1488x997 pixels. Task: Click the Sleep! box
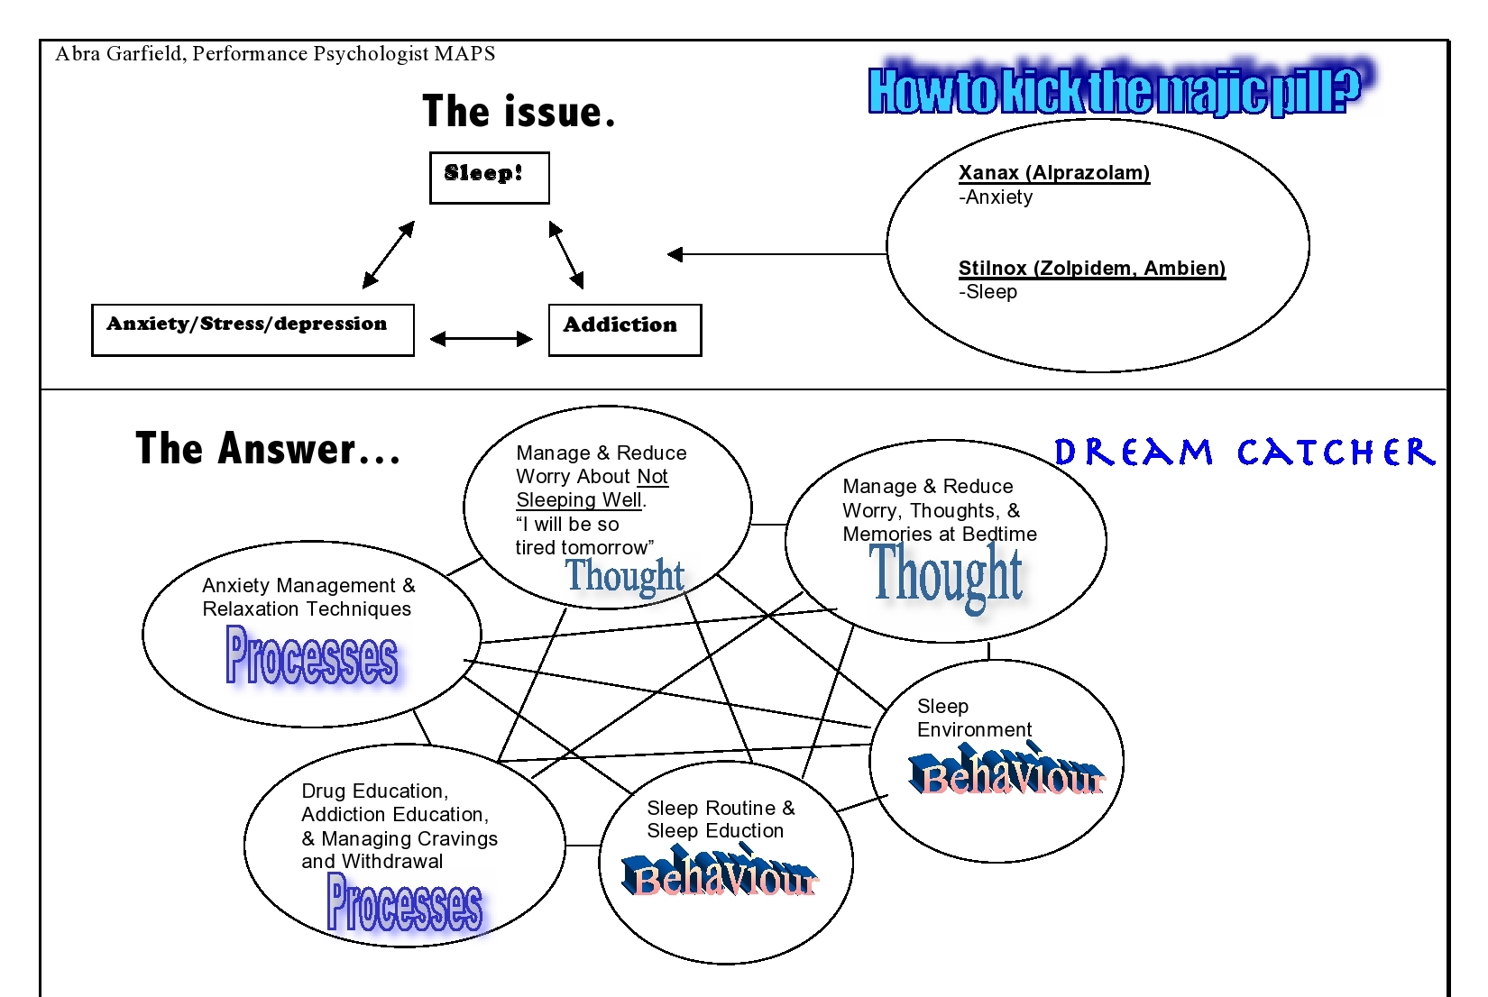click(489, 178)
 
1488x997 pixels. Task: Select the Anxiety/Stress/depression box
click(253, 330)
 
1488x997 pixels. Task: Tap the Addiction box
click(624, 330)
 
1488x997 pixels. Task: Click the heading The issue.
click(519, 112)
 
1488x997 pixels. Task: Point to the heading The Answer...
click(268, 449)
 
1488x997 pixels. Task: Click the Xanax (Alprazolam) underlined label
click(1053, 173)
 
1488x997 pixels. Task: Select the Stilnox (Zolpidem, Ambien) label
click(1091, 269)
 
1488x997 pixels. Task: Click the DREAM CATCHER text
click(1244, 453)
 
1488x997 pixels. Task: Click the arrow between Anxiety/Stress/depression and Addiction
click(482, 339)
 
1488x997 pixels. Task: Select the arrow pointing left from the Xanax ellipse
click(776, 254)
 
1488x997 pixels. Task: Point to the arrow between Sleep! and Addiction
click(566, 255)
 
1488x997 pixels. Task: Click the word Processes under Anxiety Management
click(311, 655)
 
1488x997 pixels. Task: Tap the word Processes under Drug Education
click(404, 903)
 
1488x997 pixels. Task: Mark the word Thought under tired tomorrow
click(625, 575)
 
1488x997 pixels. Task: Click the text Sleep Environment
click(973, 718)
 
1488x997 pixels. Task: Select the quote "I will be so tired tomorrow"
click(583, 536)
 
